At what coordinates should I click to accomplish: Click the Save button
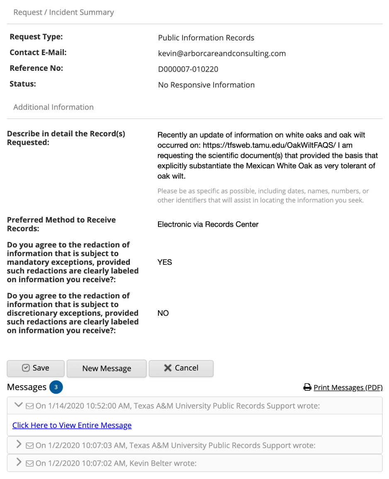pos(36,368)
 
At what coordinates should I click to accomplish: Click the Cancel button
pos(181,368)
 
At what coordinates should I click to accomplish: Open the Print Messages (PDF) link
pos(348,387)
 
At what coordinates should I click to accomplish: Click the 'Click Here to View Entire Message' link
pos(72,425)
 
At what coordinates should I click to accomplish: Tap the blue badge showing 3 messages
pos(56,387)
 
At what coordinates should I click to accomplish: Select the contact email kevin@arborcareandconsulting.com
pos(222,53)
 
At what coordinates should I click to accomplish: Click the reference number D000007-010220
pos(188,69)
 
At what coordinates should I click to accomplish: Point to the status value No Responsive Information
pos(206,85)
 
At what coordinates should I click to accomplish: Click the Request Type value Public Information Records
pos(206,38)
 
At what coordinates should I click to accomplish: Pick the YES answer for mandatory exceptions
pos(165,262)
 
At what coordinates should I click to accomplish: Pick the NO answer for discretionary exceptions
pos(163,313)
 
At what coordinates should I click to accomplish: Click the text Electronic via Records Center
pos(208,225)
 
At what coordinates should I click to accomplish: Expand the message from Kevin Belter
pos(19,462)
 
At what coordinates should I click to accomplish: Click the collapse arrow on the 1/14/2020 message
pos(18,405)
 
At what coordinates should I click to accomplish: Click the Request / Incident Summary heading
pos(63,12)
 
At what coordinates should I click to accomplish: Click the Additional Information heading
pos(53,107)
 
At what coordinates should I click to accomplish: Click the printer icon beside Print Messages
pos(307,387)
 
